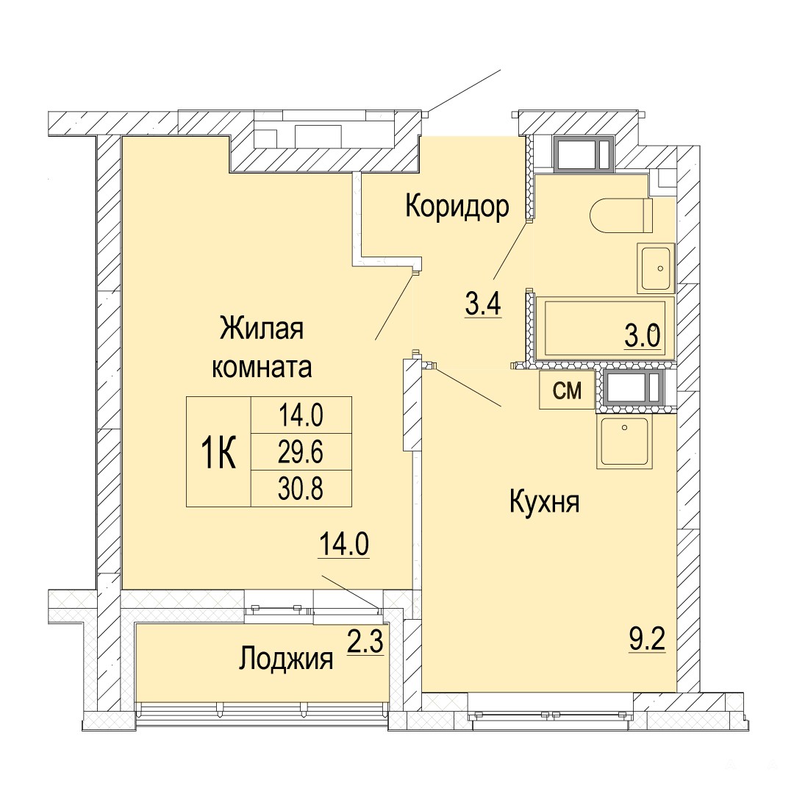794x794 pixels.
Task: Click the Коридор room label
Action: pos(457,207)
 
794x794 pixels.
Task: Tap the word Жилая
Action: pos(261,329)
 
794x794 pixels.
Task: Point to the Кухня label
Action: pos(544,504)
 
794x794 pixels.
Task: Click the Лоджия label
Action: pos(286,659)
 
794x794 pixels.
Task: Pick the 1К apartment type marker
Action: pos(219,452)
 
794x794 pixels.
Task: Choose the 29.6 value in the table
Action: pos(301,451)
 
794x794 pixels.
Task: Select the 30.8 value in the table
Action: pos(301,489)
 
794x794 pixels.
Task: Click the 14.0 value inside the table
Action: pos(301,415)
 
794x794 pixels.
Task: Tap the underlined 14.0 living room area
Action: pos(344,545)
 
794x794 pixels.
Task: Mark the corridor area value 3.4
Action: pos(483,304)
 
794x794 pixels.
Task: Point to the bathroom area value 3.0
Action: pos(643,336)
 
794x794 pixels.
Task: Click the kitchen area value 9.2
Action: pos(647,640)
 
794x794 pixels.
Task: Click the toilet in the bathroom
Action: pos(622,215)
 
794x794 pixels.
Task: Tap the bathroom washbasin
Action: pos(657,268)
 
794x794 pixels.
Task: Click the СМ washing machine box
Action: pos(567,390)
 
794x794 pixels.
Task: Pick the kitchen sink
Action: pos(625,442)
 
